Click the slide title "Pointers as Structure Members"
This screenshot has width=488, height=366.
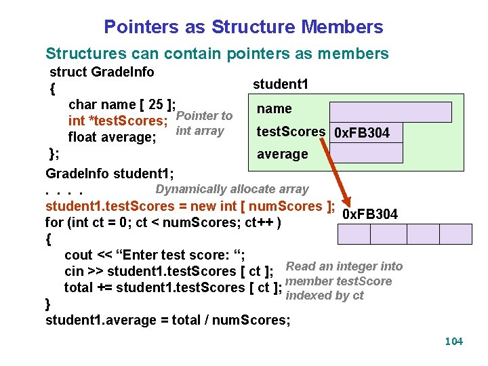(x=243, y=27)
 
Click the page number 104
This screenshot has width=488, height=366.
(x=453, y=341)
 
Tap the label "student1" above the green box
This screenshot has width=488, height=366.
(x=281, y=84)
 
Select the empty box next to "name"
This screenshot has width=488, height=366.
(x=390, y=112)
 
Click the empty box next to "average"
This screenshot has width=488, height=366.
(x=366, y=153)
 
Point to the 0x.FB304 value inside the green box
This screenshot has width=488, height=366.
(x=362, y=133)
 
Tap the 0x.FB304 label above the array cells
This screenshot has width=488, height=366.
(x=370, y=215)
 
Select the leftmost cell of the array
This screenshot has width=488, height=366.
(x=354, y=234)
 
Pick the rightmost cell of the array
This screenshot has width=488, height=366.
(x=455, y=234)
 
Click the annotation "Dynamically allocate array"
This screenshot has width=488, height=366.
(x=232, y=189)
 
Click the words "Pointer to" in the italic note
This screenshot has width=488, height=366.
(x=204, y=116)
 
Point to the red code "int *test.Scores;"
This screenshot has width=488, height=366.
(x=118, y=121)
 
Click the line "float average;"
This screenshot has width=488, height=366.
(x=113, y=138)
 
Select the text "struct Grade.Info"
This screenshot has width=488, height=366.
(x=102, y=72)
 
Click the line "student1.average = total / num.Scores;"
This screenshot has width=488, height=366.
(x=167, y=320)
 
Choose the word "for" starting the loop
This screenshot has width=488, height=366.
(x=54, y=222)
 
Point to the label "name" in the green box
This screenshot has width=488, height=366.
(x=274, y=108)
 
